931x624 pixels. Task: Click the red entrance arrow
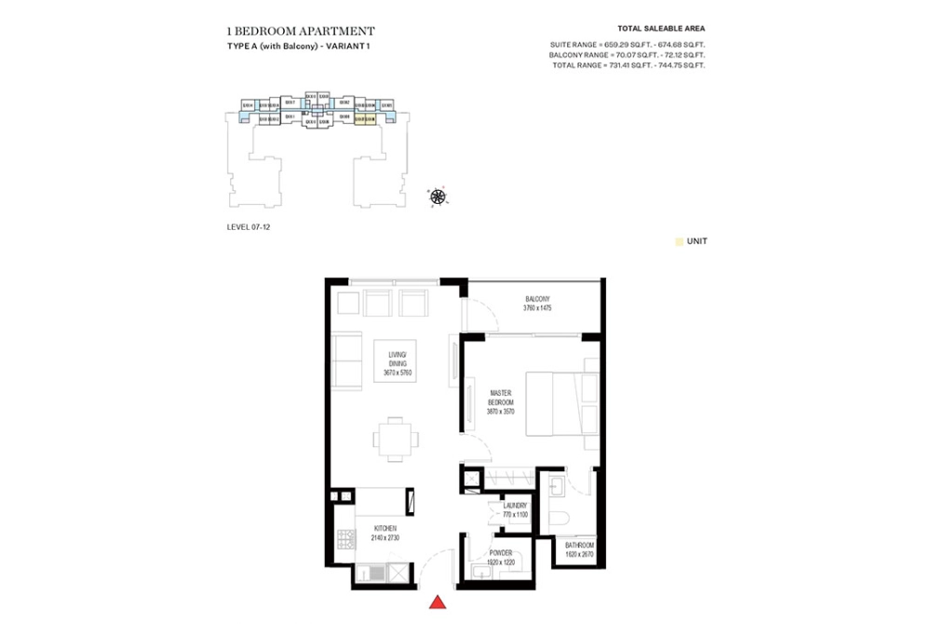click(437, 604)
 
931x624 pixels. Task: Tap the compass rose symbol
click(438, 196)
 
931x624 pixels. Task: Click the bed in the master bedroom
click(560, 402)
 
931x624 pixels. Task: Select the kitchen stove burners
click(345, 539)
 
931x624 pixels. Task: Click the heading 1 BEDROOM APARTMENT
click(301, 30)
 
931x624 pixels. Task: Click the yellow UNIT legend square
click(679, 241)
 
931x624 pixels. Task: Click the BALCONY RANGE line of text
click(627, 56)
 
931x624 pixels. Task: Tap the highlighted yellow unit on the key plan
click(364, 119)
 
